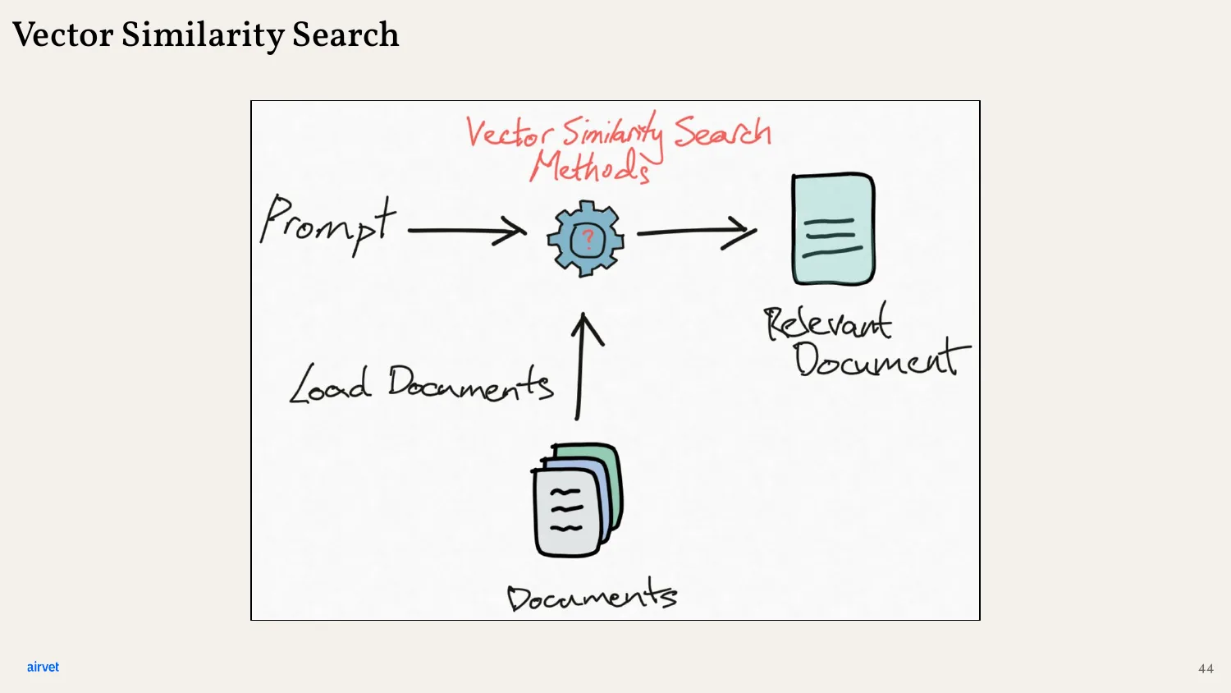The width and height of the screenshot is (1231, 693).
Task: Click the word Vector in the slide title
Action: [62, 34]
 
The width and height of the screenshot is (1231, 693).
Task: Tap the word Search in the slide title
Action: [346, 34]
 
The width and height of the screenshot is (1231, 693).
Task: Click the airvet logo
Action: [43, 668]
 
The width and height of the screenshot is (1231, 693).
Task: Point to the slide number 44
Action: [1206, 669]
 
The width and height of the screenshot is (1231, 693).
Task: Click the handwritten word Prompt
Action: [327, 224]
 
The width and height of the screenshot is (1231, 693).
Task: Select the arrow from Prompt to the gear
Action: [467, 231]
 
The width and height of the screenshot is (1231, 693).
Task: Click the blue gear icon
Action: [586, 239]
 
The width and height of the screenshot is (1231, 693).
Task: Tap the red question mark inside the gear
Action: [588, 239]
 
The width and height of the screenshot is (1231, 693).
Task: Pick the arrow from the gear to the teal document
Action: [697, 232]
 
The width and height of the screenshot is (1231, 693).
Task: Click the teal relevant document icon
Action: [833, 229]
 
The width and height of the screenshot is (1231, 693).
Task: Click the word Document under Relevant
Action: [882, 360]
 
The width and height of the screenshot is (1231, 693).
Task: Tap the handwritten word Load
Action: [330, 384]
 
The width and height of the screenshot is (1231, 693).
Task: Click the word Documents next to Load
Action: [470, 383]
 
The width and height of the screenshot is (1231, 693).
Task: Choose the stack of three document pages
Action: [577, 500]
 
